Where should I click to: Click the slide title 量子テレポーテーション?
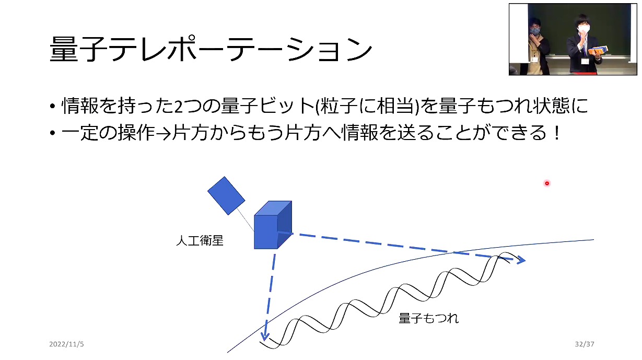[211, 49]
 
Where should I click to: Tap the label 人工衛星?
[200, 241]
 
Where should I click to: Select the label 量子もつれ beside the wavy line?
[428, 318]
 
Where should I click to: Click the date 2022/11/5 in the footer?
[66, 344]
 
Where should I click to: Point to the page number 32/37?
[585, 344]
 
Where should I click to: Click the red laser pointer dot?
[547, 183]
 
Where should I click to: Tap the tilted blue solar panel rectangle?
[226, 196]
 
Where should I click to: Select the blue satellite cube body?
[273, 225]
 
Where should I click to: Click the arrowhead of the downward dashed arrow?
[264, 336]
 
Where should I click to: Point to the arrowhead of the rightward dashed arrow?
[520, 260]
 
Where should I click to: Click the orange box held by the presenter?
[598, 51]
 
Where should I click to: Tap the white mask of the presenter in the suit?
[583, 29]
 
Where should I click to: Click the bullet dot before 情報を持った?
[52, 106]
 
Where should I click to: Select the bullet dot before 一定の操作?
[52, 133]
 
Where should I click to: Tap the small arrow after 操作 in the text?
[164, 134]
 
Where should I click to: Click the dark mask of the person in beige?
[535, 31]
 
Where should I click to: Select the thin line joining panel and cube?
[246, 220]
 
